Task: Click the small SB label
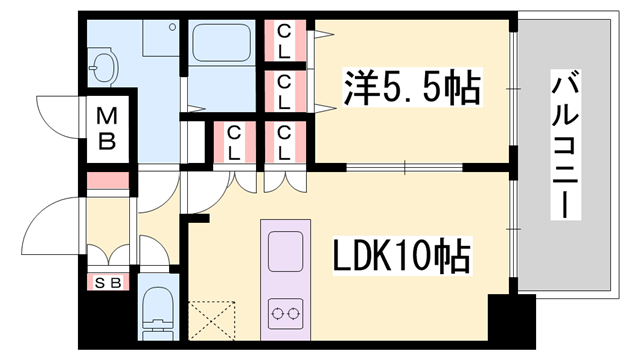[x=107, y=282]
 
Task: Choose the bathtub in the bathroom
[x=221, y=47]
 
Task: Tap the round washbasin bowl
[x=101, y=66]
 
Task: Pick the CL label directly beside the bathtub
[x=285, y=42]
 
